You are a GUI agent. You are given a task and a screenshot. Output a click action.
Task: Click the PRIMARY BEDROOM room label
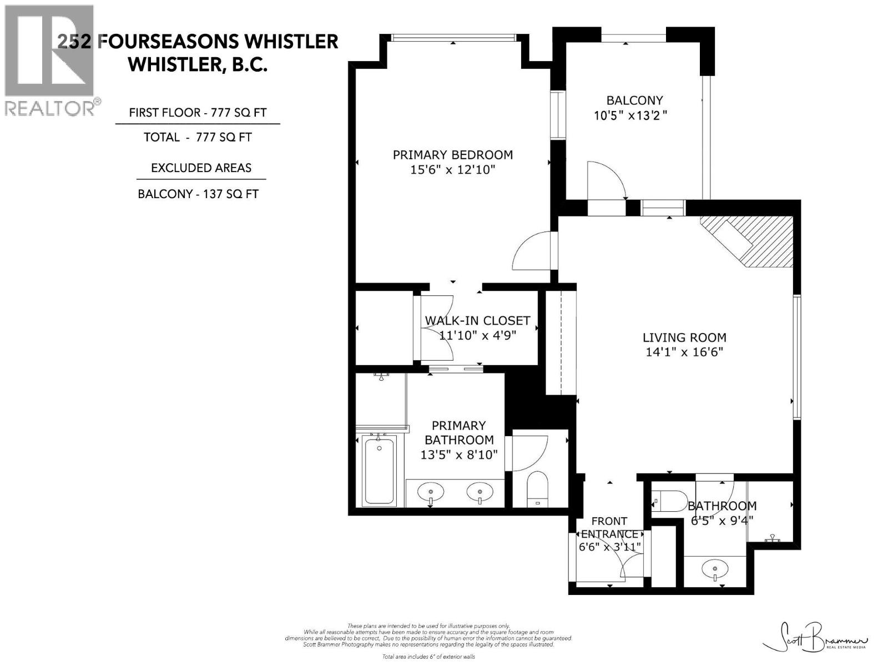[x=452, y=155]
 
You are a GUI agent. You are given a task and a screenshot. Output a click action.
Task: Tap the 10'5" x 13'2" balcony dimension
[x=630, y=115]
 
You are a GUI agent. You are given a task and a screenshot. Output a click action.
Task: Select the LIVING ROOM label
[x=684, y=337]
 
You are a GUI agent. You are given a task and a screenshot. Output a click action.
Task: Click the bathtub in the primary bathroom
[x=379, y=470]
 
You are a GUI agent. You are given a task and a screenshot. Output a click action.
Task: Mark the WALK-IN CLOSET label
[x=477, y=321]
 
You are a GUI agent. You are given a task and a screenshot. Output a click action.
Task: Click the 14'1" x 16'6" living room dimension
[x=684, y=352]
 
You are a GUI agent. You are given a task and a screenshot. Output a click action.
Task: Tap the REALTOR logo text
[x=50, y=108]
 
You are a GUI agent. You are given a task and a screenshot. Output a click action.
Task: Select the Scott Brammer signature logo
[x=816, y=644]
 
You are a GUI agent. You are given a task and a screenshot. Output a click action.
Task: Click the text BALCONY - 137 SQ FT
[x=198, y=194]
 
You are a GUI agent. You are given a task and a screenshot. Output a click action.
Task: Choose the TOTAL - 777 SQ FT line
[x=198, y=137]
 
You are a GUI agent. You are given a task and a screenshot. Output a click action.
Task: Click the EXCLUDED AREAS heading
[x=201, y=168]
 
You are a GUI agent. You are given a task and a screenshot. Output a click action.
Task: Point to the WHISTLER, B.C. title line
[x=198, y=64]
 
